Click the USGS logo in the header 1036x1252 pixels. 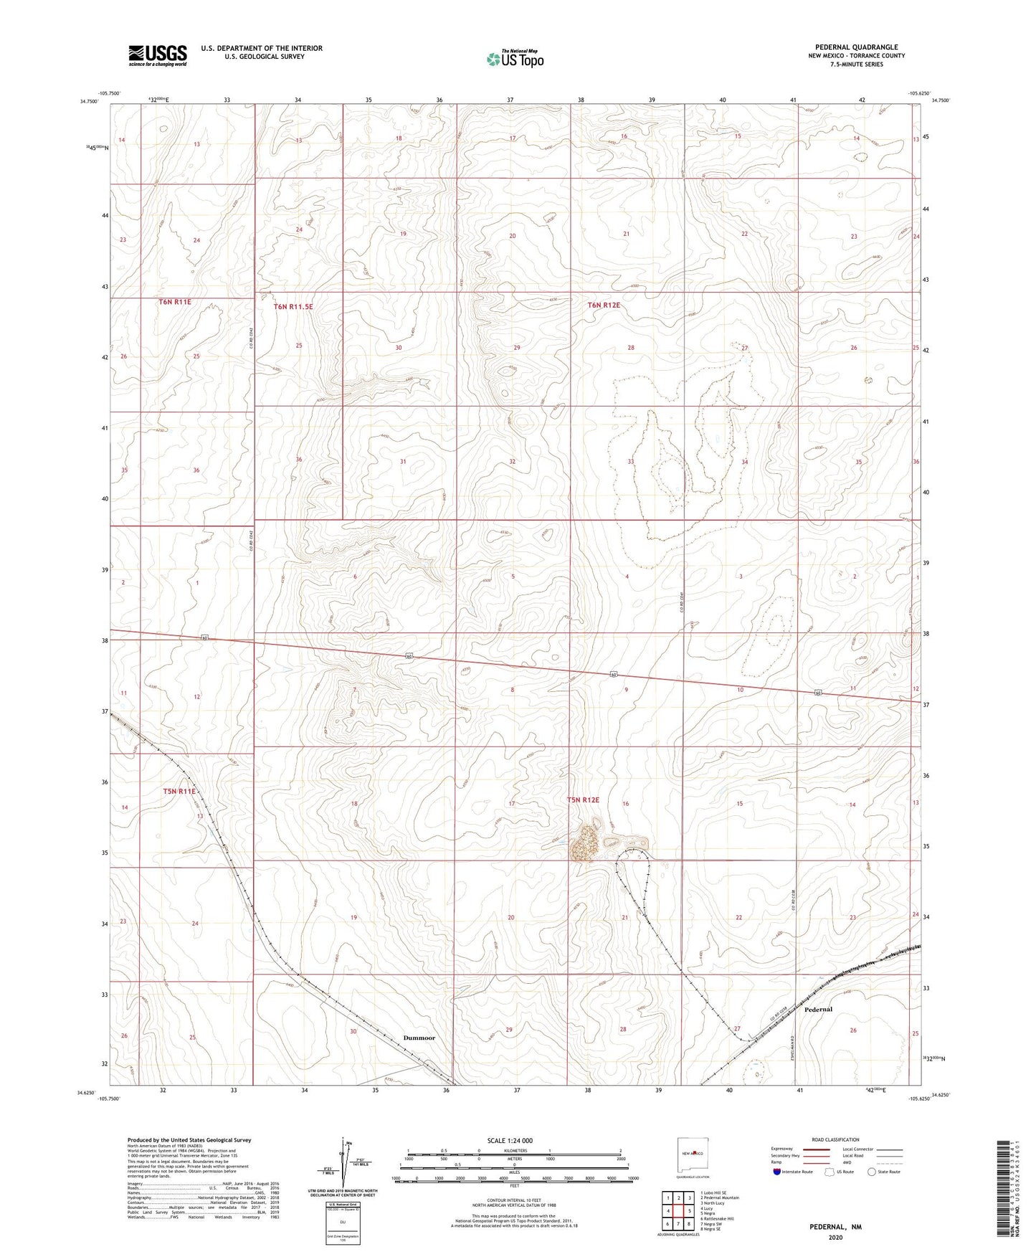[158, 54]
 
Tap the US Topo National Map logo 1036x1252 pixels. [515, 59]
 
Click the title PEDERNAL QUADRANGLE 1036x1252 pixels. [856, 47]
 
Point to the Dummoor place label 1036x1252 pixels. [419, 1038]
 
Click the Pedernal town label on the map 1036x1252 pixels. [818, 1009]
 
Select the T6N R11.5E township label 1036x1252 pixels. [293, 307]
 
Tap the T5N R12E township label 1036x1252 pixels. [583, 800]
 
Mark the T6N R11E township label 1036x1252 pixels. [175, 302]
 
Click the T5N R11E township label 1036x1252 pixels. [179, 791]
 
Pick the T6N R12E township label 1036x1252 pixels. [604, 305]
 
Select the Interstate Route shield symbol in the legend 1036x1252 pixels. [777, 1172]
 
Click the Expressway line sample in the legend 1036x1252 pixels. [817, 1149]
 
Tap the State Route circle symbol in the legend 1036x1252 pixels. [872, 1172]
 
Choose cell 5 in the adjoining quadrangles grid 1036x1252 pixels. [688, 1211]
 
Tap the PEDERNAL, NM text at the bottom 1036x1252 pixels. [835, 1227]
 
